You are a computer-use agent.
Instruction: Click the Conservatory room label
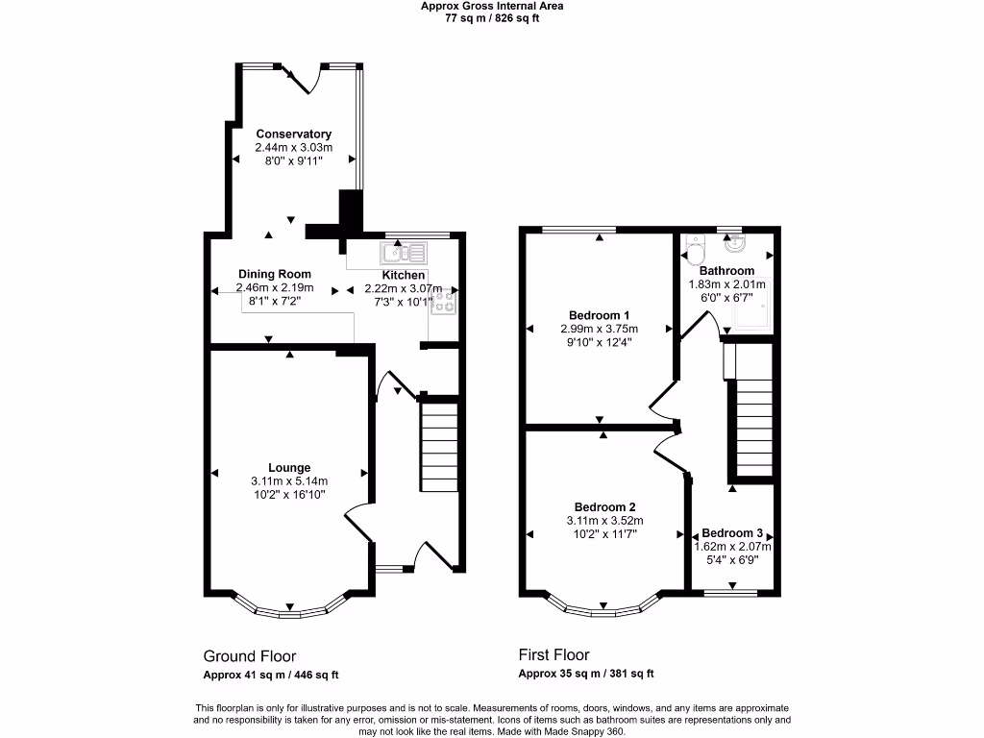tap(293, 134)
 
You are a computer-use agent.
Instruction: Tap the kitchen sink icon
tap(404, 254)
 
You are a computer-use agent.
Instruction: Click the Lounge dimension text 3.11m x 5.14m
tap(289, 481)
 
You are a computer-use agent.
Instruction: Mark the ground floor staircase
tap(438, 446)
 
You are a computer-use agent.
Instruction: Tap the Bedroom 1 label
tap(599, 315)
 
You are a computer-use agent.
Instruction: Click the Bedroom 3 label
tap(732, 533)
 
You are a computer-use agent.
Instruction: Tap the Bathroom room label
tap(726, 271)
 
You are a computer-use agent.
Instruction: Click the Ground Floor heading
tap(249, 656)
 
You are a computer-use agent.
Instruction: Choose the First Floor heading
tap(553, 655)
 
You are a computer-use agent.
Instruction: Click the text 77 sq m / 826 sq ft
tap(492, 18)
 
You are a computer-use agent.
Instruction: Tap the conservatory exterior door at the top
tap(305, 78)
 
